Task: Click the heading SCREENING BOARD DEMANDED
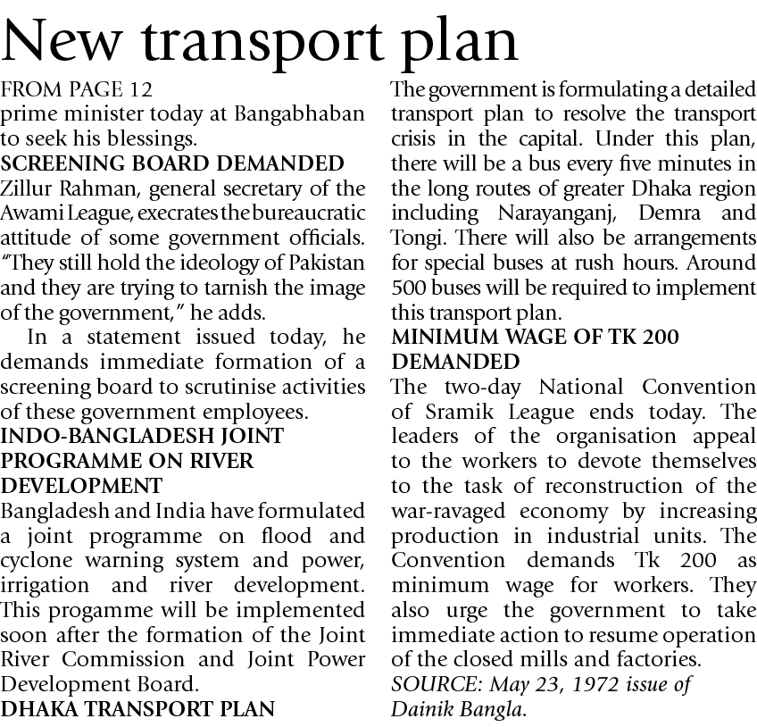click(x=172, y=163)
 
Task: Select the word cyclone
click(x=35, y=561)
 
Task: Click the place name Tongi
click(x=416, y=238)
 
